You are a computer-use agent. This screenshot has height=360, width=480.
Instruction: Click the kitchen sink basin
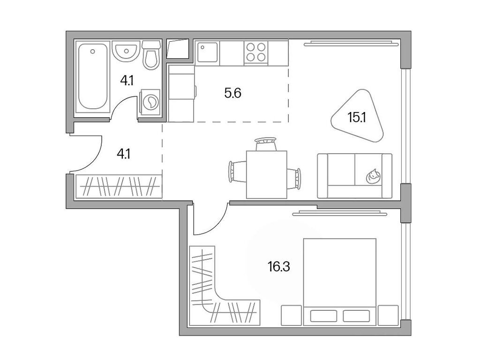[x=207, y=52]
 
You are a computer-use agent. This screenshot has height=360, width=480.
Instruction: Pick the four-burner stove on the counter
[x=255, y=52]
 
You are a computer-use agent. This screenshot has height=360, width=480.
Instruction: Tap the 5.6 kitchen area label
[x=232, y=93]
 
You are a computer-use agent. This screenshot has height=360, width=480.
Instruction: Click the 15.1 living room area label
[x=356, y=117]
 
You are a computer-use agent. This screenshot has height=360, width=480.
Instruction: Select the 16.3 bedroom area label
[x=279, y=268]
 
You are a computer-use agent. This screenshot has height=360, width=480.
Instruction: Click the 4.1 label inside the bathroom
[x=127, y=81]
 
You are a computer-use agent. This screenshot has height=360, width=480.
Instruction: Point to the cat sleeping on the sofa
[x=373, y=176]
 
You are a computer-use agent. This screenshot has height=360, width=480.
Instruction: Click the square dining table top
[x=266, y=174]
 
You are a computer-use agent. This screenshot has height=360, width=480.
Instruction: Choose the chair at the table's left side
[x=236, y=172]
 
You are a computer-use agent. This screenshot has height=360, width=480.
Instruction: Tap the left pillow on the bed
[x=323, y=315]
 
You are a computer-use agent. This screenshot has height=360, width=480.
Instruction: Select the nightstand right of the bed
[x=388, y=315]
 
